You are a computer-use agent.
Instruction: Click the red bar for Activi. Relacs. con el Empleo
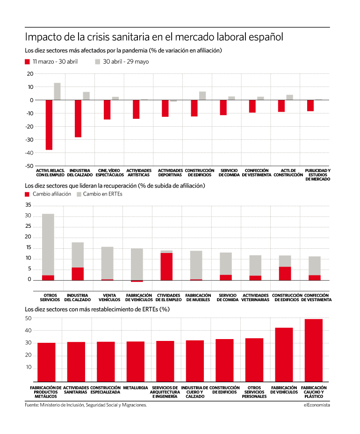[x=49, y=125]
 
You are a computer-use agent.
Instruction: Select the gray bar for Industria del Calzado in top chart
[x=86, y=96]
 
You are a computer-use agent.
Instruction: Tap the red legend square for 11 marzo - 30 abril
[x=27, y=62]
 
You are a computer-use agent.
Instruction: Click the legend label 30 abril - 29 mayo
[x=126, y=62]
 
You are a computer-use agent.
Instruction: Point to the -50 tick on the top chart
[x=29, y=166]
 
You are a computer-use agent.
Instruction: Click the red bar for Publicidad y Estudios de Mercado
[x=310, y=105]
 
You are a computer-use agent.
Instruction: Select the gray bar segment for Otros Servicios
[x=48, y=245]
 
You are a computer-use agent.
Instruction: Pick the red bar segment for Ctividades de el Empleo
[x=166, y=267]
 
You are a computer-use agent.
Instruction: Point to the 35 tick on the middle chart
[x=28, y=205]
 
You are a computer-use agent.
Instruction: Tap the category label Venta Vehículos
[x=109, y=297]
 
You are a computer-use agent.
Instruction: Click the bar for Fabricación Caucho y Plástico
[x=314, y=350]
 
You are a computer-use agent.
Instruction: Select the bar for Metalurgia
[x=136, y=362]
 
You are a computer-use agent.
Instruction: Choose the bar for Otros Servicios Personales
[x=254, y=360]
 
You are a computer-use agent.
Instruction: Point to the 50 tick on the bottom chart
[x=28, y=318]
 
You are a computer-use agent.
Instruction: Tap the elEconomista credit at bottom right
[x=317, y=405]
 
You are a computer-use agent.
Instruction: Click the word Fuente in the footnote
[x=31, y=405]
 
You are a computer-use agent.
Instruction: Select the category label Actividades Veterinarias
[x=255, y=297]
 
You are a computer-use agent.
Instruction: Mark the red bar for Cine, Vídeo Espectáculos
[x=107, y=109]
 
